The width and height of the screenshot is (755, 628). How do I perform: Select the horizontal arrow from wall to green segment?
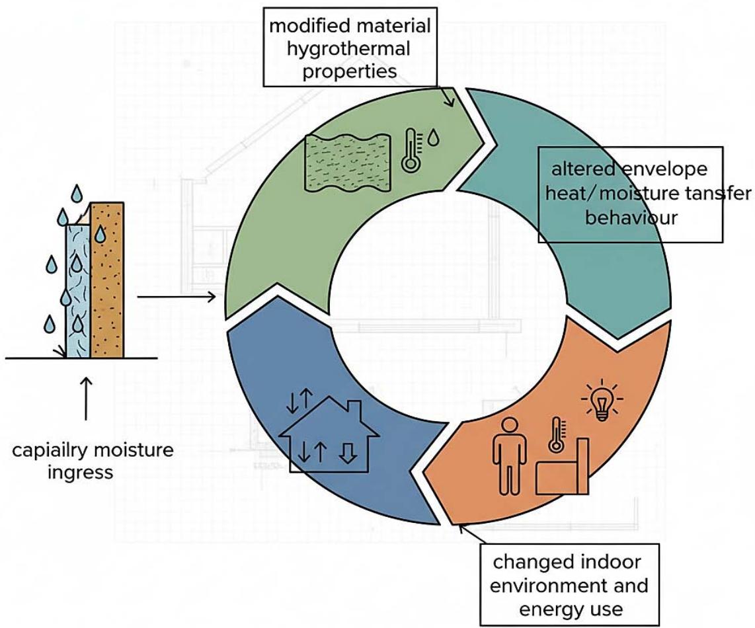tap(177, 297)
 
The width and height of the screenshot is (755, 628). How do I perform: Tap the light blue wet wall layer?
tap(77, 291)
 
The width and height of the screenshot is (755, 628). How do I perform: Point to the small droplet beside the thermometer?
tap(432, 138)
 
